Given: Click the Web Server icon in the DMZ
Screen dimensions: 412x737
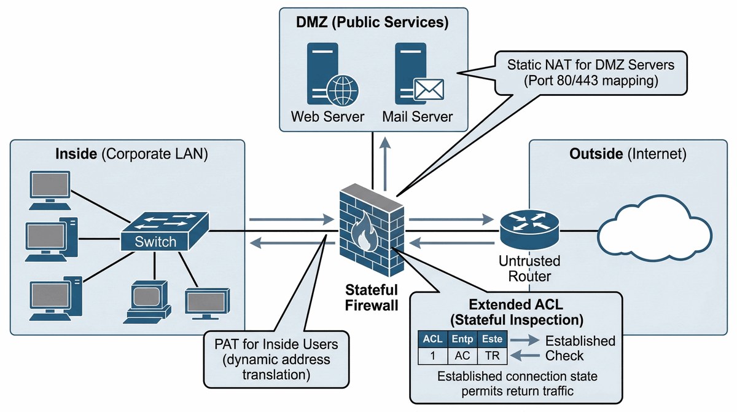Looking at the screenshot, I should (326, 74).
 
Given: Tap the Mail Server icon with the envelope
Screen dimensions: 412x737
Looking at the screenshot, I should (415, 74).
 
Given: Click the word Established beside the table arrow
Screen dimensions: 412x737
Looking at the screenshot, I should (580, 341).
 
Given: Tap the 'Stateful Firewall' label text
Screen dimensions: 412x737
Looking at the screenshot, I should (372, 296).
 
